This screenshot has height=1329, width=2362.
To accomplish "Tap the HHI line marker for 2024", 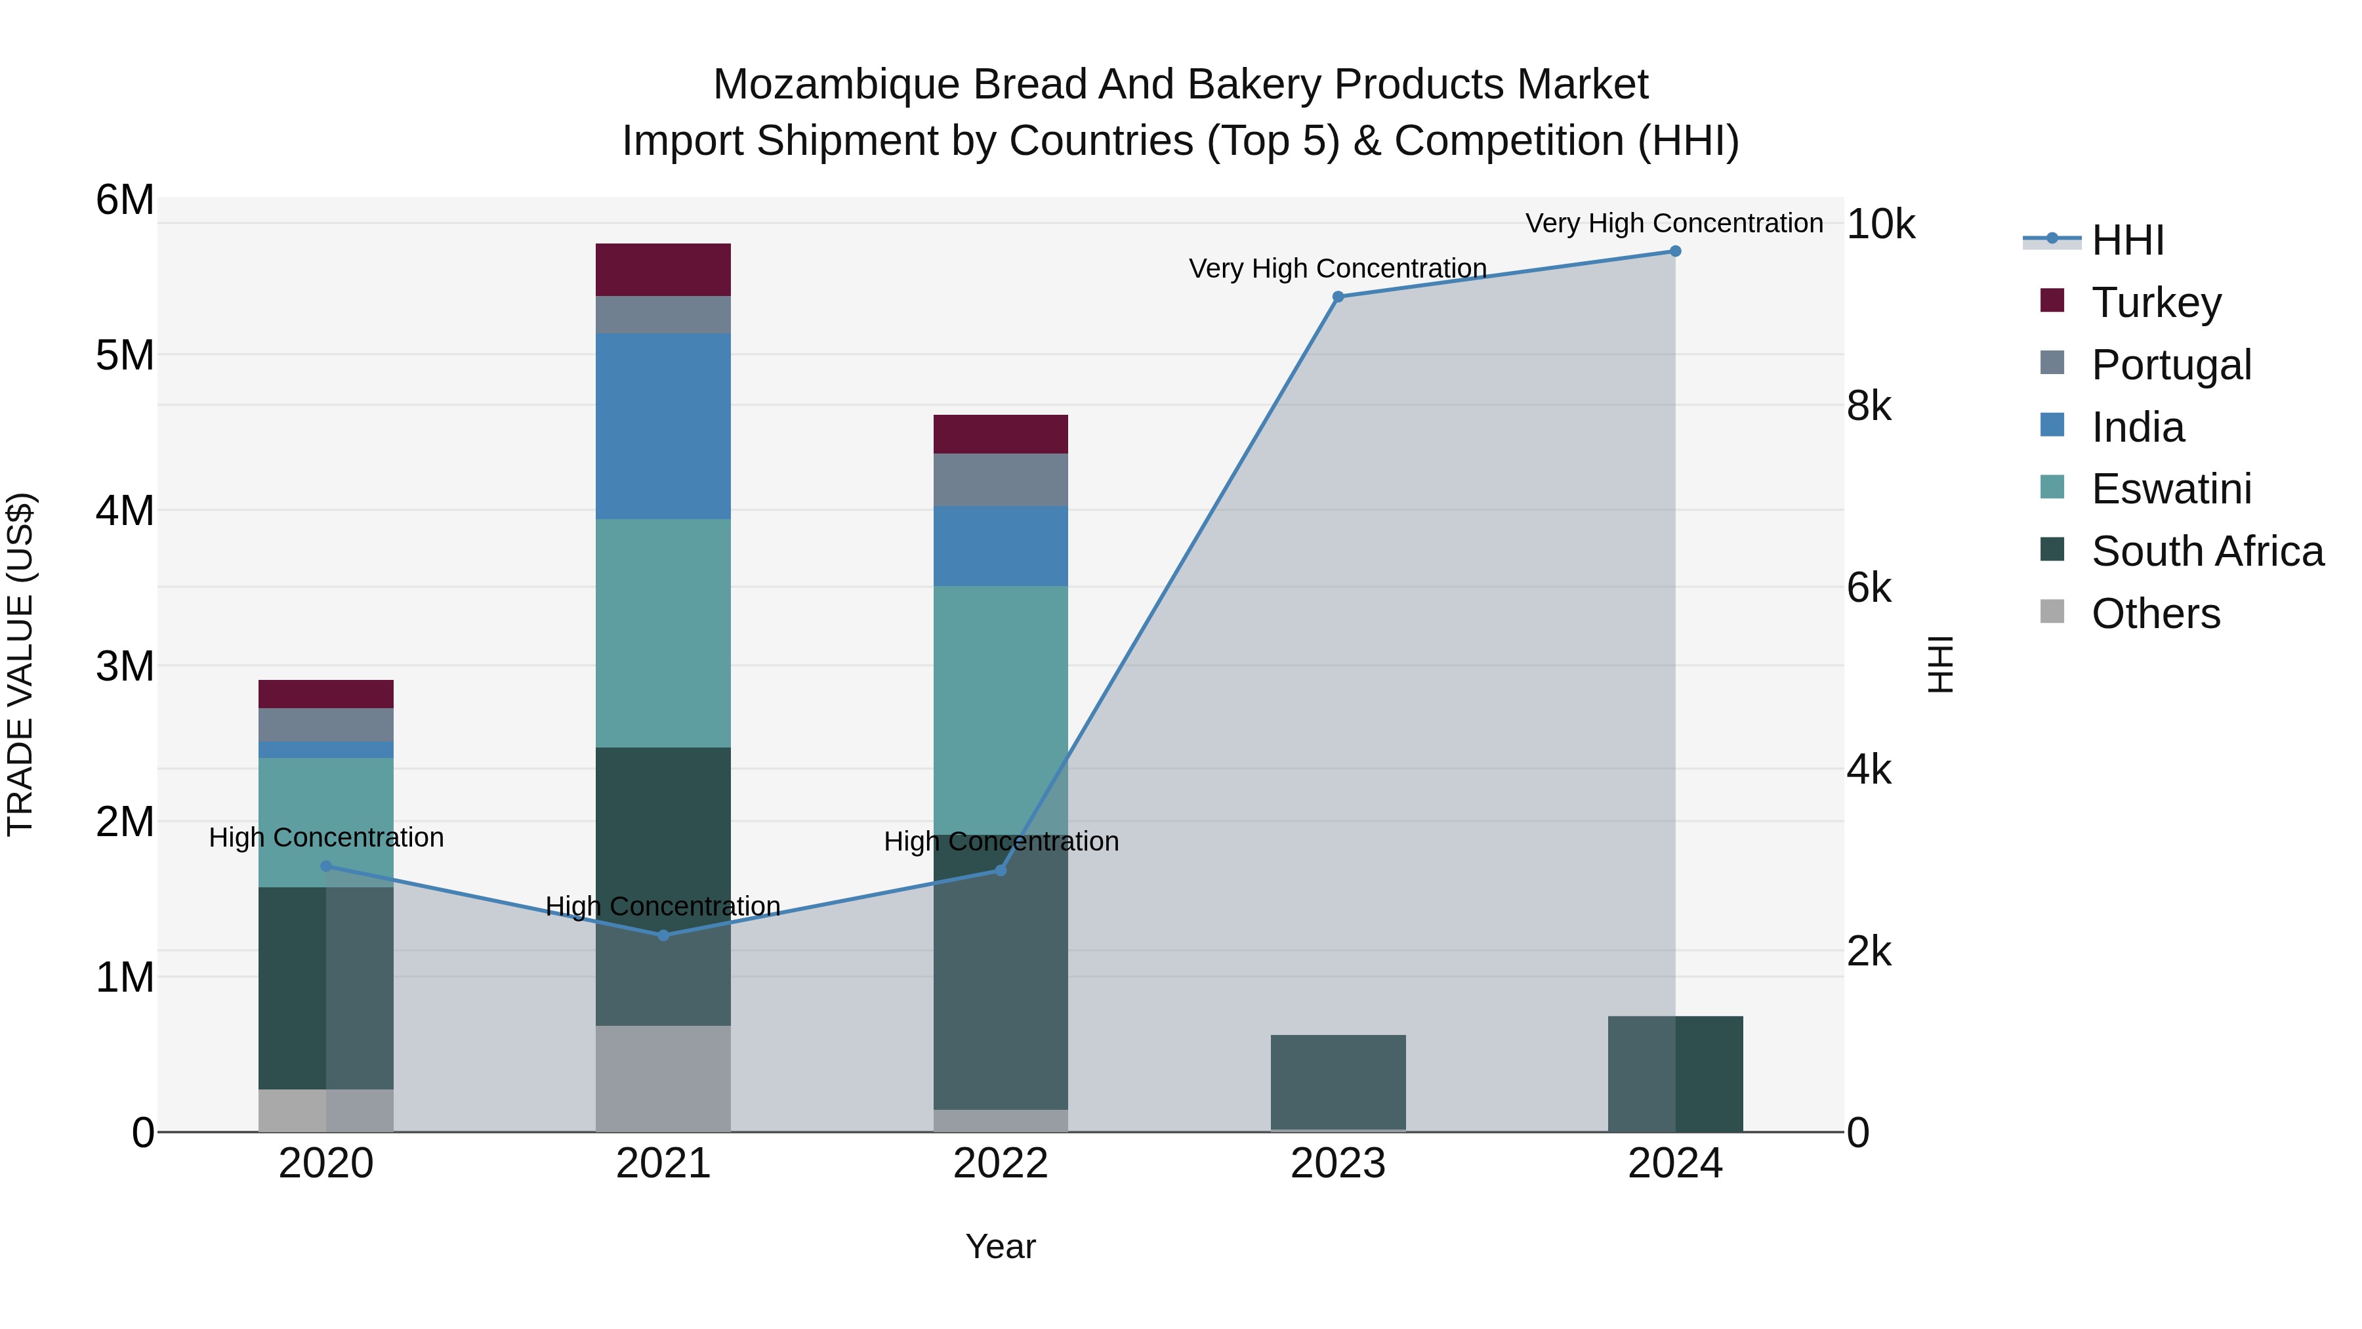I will tap(1675, 251).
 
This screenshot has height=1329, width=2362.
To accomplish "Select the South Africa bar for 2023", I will tap(1338, 1082).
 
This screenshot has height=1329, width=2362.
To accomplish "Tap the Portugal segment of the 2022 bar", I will tap(1001, 480).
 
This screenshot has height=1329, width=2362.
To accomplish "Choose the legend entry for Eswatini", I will tap(2170, 489).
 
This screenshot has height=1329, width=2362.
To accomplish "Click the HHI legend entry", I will tap(2127, 240).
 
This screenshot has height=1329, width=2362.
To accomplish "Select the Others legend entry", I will tap(2155, 614).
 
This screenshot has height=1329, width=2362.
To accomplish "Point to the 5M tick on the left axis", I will tap(125, 355).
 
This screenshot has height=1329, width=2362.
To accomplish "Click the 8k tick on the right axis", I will tap(1869, 406).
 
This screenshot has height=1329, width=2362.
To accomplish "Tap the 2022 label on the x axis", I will tap(1001, 1164).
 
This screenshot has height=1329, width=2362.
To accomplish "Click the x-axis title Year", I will tap(1001, 1246).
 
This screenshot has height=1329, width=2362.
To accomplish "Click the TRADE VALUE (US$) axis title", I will tap(21, 664).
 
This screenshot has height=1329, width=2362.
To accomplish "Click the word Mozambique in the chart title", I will tap(837, 85).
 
